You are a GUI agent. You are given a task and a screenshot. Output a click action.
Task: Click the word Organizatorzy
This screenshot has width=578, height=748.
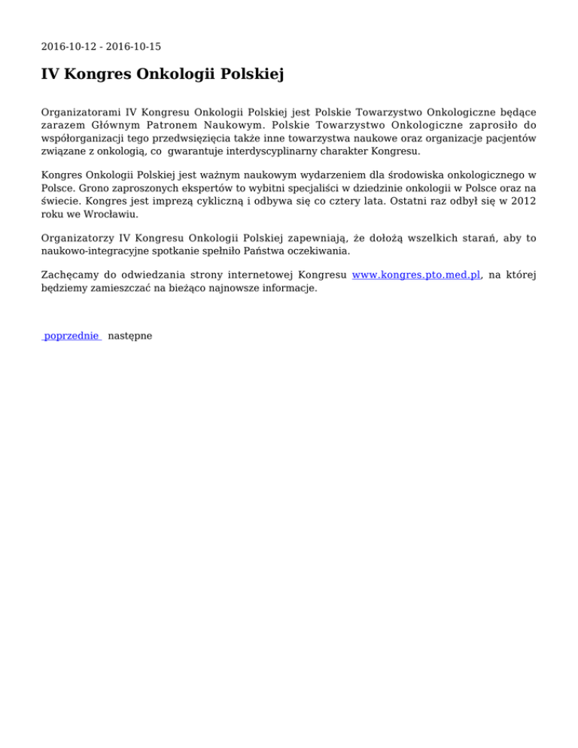click(80, 238)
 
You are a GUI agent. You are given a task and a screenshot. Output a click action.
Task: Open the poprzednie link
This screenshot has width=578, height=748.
click(71, 336)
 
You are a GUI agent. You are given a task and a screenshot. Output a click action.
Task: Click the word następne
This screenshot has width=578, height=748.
click(130, 336)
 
